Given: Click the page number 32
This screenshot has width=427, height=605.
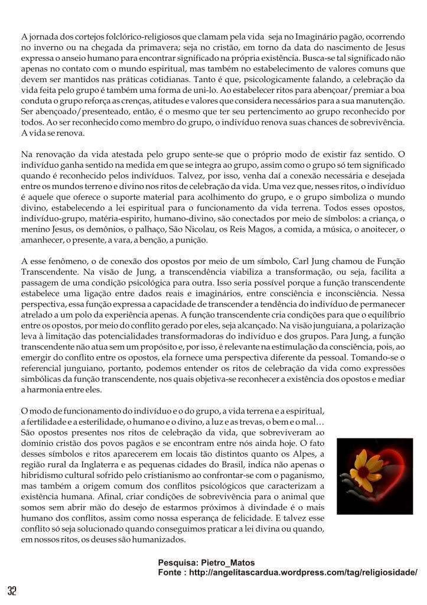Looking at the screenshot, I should tap(12, 591).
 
